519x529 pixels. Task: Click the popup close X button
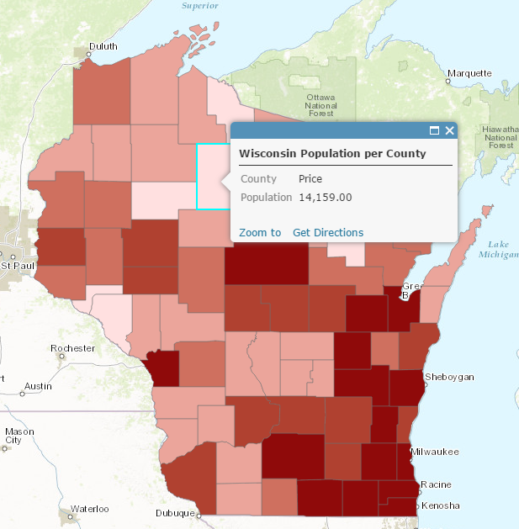click(x=449, y=130)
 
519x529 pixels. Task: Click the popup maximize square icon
click(x=435, y=130)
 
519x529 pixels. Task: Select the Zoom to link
click(x=260, y=232)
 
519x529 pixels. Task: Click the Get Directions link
click(x=328, y=232)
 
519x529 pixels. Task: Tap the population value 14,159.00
click(x=326, y=197)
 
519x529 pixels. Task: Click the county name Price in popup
click(x=310, y=179)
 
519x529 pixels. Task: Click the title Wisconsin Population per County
click(x=332, y=154)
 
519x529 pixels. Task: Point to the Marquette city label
click(x=469, y=73)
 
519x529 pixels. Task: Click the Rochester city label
click(x=72, y=348)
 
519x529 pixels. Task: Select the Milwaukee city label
click(x=435, y=452)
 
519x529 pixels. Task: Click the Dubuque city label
click(x=175, y=513)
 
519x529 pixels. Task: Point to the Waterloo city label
click(x=89, y=509)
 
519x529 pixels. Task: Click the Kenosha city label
click(x=441, y=505)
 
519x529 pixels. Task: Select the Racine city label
click(x=436, y=484)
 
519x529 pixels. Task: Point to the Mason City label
click(x=19, y=436)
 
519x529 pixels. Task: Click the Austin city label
click(x=38, y=387)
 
